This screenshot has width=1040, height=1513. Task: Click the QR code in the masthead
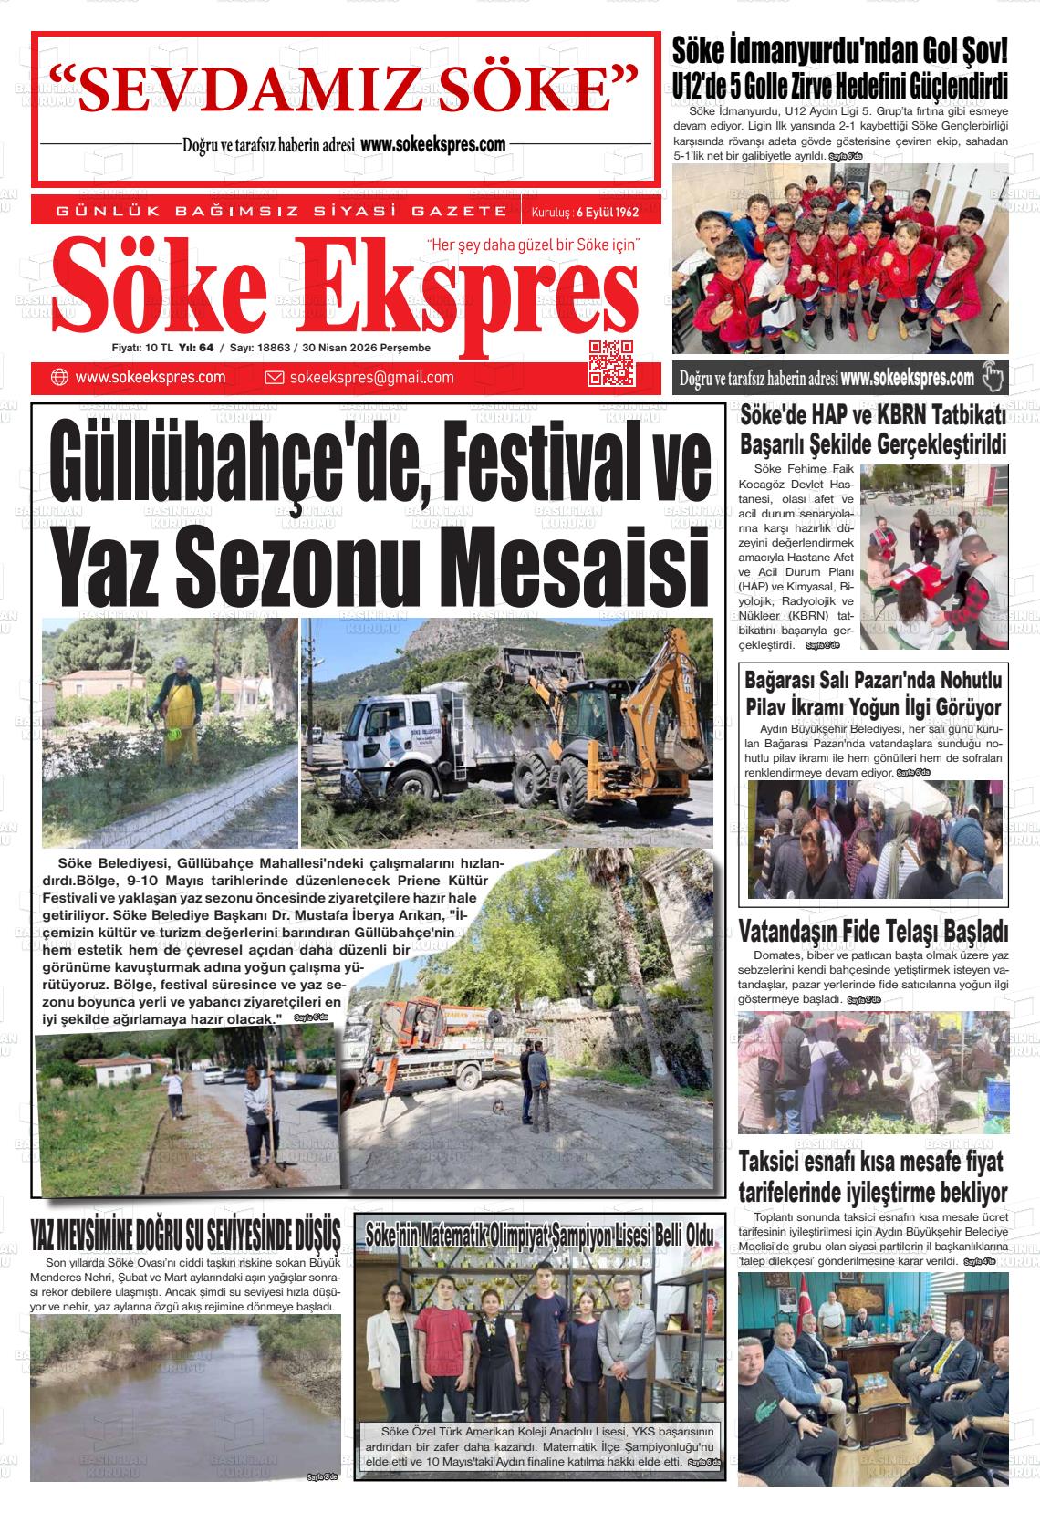(611, 361)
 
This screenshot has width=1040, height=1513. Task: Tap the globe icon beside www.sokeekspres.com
(60, 378)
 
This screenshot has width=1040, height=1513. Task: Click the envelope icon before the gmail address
(274, 378)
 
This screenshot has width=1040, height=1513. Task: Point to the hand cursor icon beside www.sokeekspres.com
(992, 377)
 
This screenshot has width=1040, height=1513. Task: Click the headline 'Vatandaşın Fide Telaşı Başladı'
(873, 932)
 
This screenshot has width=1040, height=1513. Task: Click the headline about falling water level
(185, 1235)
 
